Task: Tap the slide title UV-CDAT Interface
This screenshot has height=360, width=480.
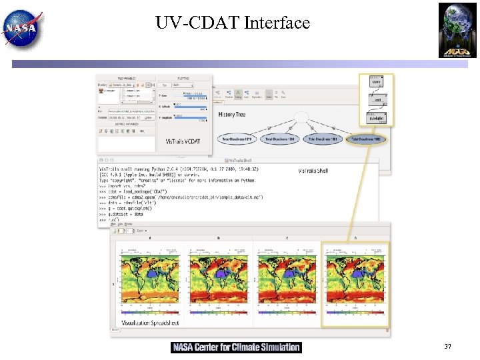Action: pos(233,23)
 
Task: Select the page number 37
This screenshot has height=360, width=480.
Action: pos(447,347)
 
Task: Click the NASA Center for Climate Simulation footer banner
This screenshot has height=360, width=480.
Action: pos(236,347)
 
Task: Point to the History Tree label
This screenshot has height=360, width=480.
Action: pos(232,115)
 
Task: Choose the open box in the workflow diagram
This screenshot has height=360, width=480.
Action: pos(377,82)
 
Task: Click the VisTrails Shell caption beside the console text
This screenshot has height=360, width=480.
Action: pos(313,171)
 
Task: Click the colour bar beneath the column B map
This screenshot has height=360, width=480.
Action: pos(217,311)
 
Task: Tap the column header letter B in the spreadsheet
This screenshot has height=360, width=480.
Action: pos(217,237)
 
